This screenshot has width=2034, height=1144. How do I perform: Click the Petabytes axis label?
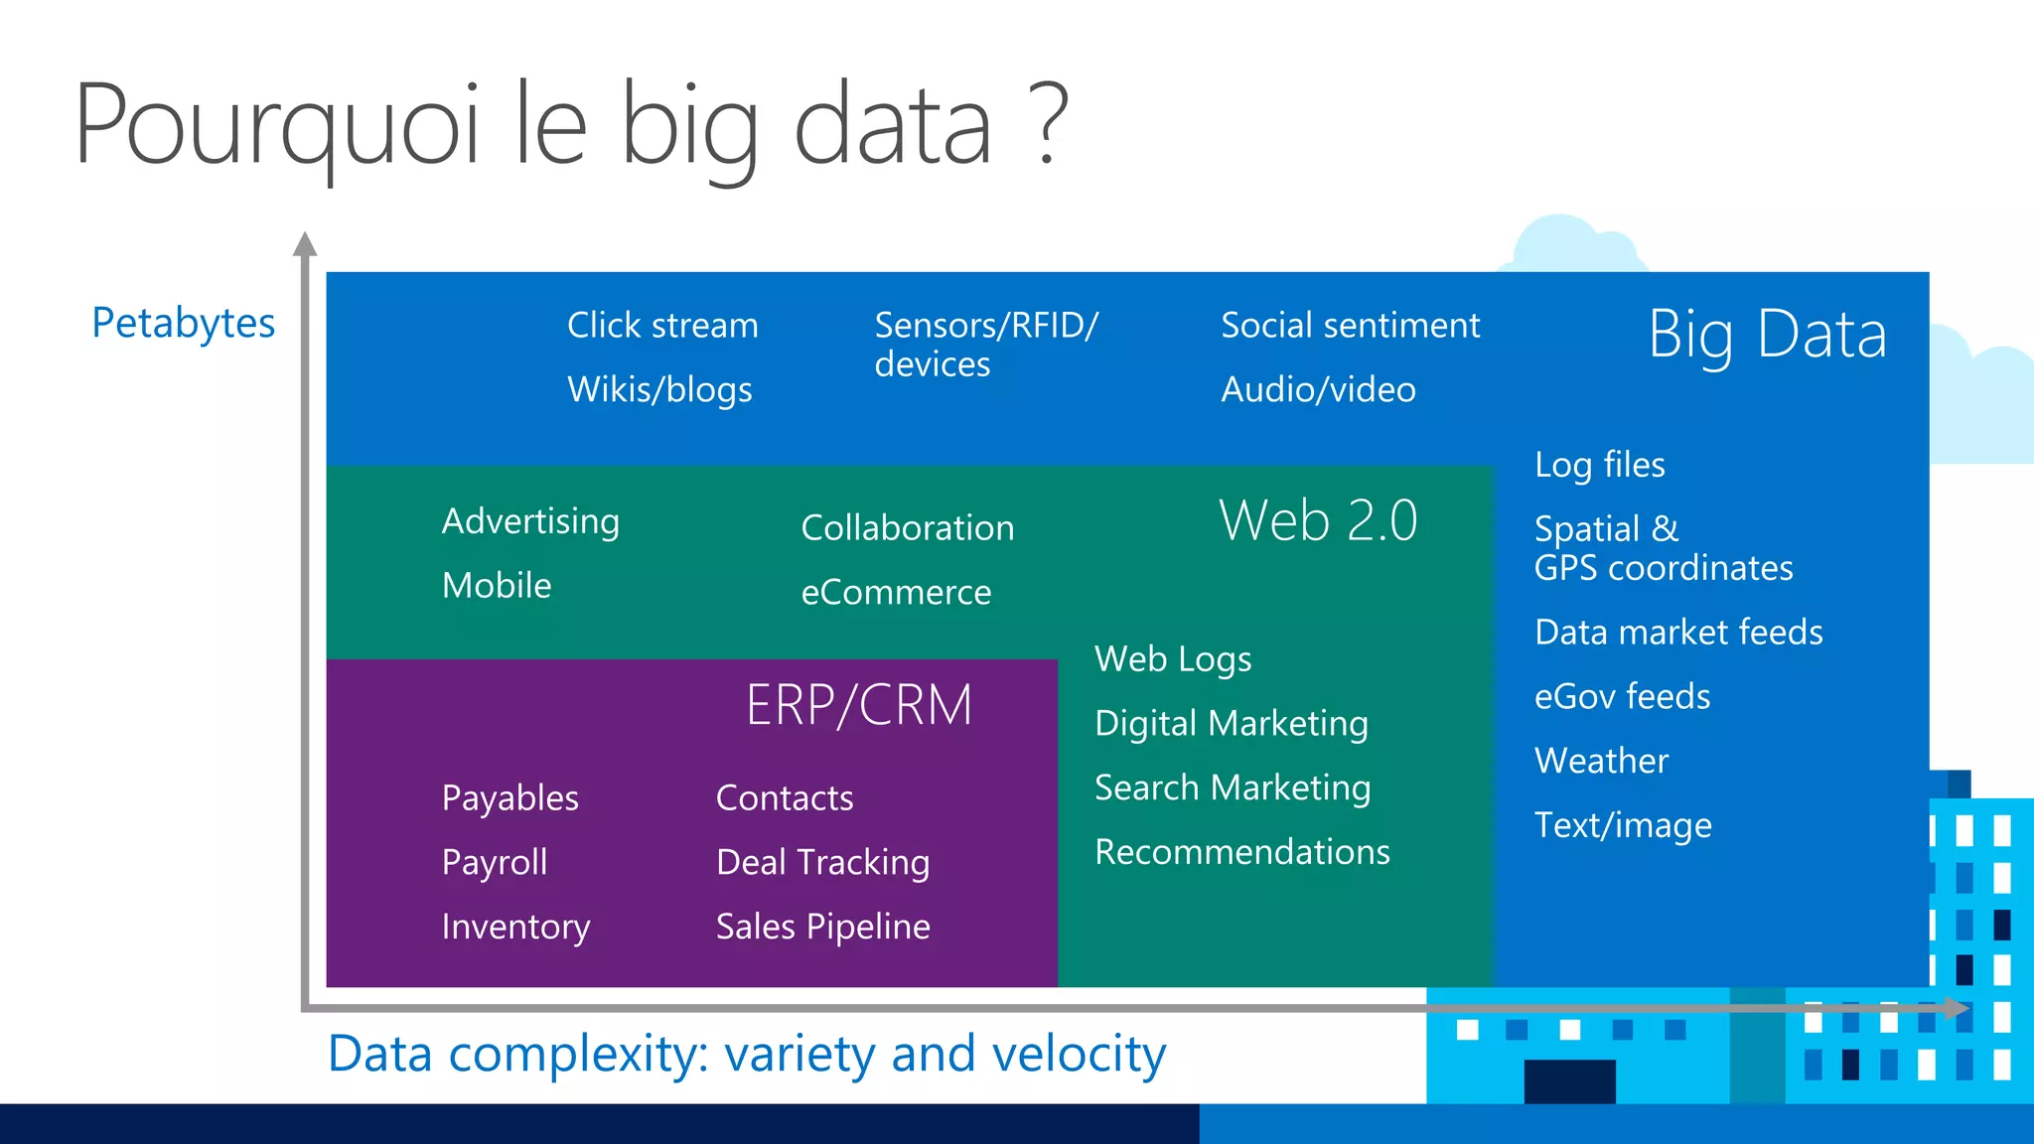184,324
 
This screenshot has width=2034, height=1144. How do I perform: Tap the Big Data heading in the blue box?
1767,335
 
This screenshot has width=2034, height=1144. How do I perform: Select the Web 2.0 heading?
1318,520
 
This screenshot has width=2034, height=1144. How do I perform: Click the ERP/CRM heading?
859,705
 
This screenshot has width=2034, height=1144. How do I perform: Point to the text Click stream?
662,326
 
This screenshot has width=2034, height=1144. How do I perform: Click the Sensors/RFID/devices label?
985,344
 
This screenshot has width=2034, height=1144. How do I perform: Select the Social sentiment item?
1350,326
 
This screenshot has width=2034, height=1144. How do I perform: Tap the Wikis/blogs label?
659,390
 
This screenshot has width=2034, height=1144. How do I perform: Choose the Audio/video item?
1318,390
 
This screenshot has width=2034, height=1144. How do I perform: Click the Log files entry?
1599,465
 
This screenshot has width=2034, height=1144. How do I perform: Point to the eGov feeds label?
1622,697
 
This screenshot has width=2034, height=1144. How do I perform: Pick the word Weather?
1601,761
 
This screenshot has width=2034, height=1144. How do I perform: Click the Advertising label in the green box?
530,522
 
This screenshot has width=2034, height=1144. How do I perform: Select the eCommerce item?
896,593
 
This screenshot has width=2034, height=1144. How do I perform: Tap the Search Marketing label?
1233,788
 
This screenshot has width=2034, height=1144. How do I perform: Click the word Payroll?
495,862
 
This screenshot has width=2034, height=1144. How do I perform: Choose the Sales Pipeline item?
822,927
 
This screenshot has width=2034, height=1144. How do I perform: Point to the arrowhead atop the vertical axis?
306,244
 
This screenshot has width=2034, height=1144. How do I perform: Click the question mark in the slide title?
1051,124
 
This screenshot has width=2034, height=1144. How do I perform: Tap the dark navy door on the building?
1569,1080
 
